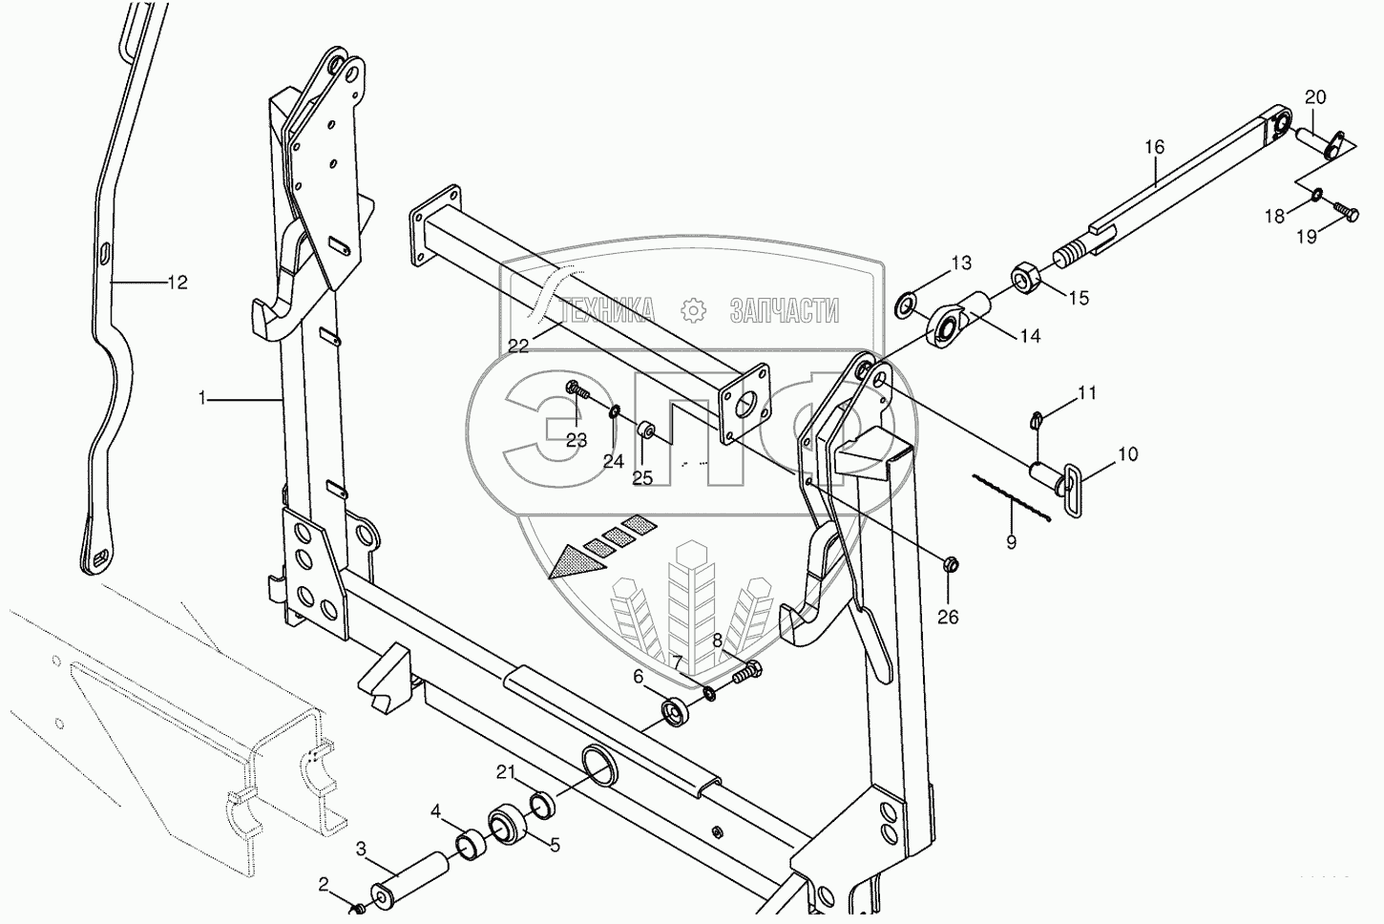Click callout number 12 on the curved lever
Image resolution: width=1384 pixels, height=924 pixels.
tap(178, 283)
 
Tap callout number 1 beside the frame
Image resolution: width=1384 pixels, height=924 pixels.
tap(201, 399)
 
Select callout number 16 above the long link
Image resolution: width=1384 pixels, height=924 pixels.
tap(1154, 147)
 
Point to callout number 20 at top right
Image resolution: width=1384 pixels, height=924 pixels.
tap(1315, 97)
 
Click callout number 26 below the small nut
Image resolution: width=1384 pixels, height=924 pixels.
tap(947, 618)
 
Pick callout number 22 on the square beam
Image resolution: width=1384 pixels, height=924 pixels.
tap(518, 346)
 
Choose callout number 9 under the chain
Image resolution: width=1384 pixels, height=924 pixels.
tap(1011, 542)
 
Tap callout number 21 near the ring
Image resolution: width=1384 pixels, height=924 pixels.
tap(507, 771)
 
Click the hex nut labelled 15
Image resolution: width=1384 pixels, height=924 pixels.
tap(1027, 278)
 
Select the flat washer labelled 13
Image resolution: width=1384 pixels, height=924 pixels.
tap(904, 306)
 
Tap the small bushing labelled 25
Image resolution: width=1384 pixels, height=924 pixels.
tap(646, 428)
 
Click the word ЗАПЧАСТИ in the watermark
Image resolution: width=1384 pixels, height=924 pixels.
tap(784, 310)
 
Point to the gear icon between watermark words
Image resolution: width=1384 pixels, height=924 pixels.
tap(693, 310)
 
